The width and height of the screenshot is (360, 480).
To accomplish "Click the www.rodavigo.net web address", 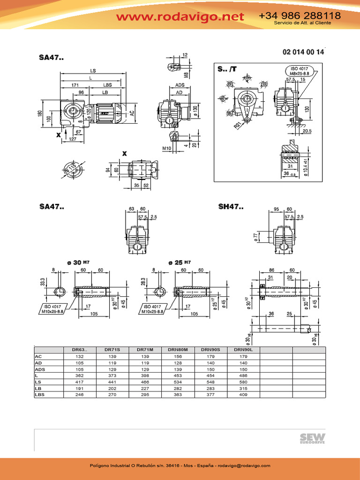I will (x=180, y=17).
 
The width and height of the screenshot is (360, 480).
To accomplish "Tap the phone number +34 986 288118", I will (x=300, y=15).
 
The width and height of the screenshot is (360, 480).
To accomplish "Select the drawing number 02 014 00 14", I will (x=303, y=52).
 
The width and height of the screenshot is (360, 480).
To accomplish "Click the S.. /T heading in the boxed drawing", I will (x=227, y=69).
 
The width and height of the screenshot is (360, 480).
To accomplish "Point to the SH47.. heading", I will (x=231, y=206).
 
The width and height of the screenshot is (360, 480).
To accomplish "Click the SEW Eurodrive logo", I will (x=313, y=438).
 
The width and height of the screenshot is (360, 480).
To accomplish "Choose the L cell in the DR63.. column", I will (x=80, y=375).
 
